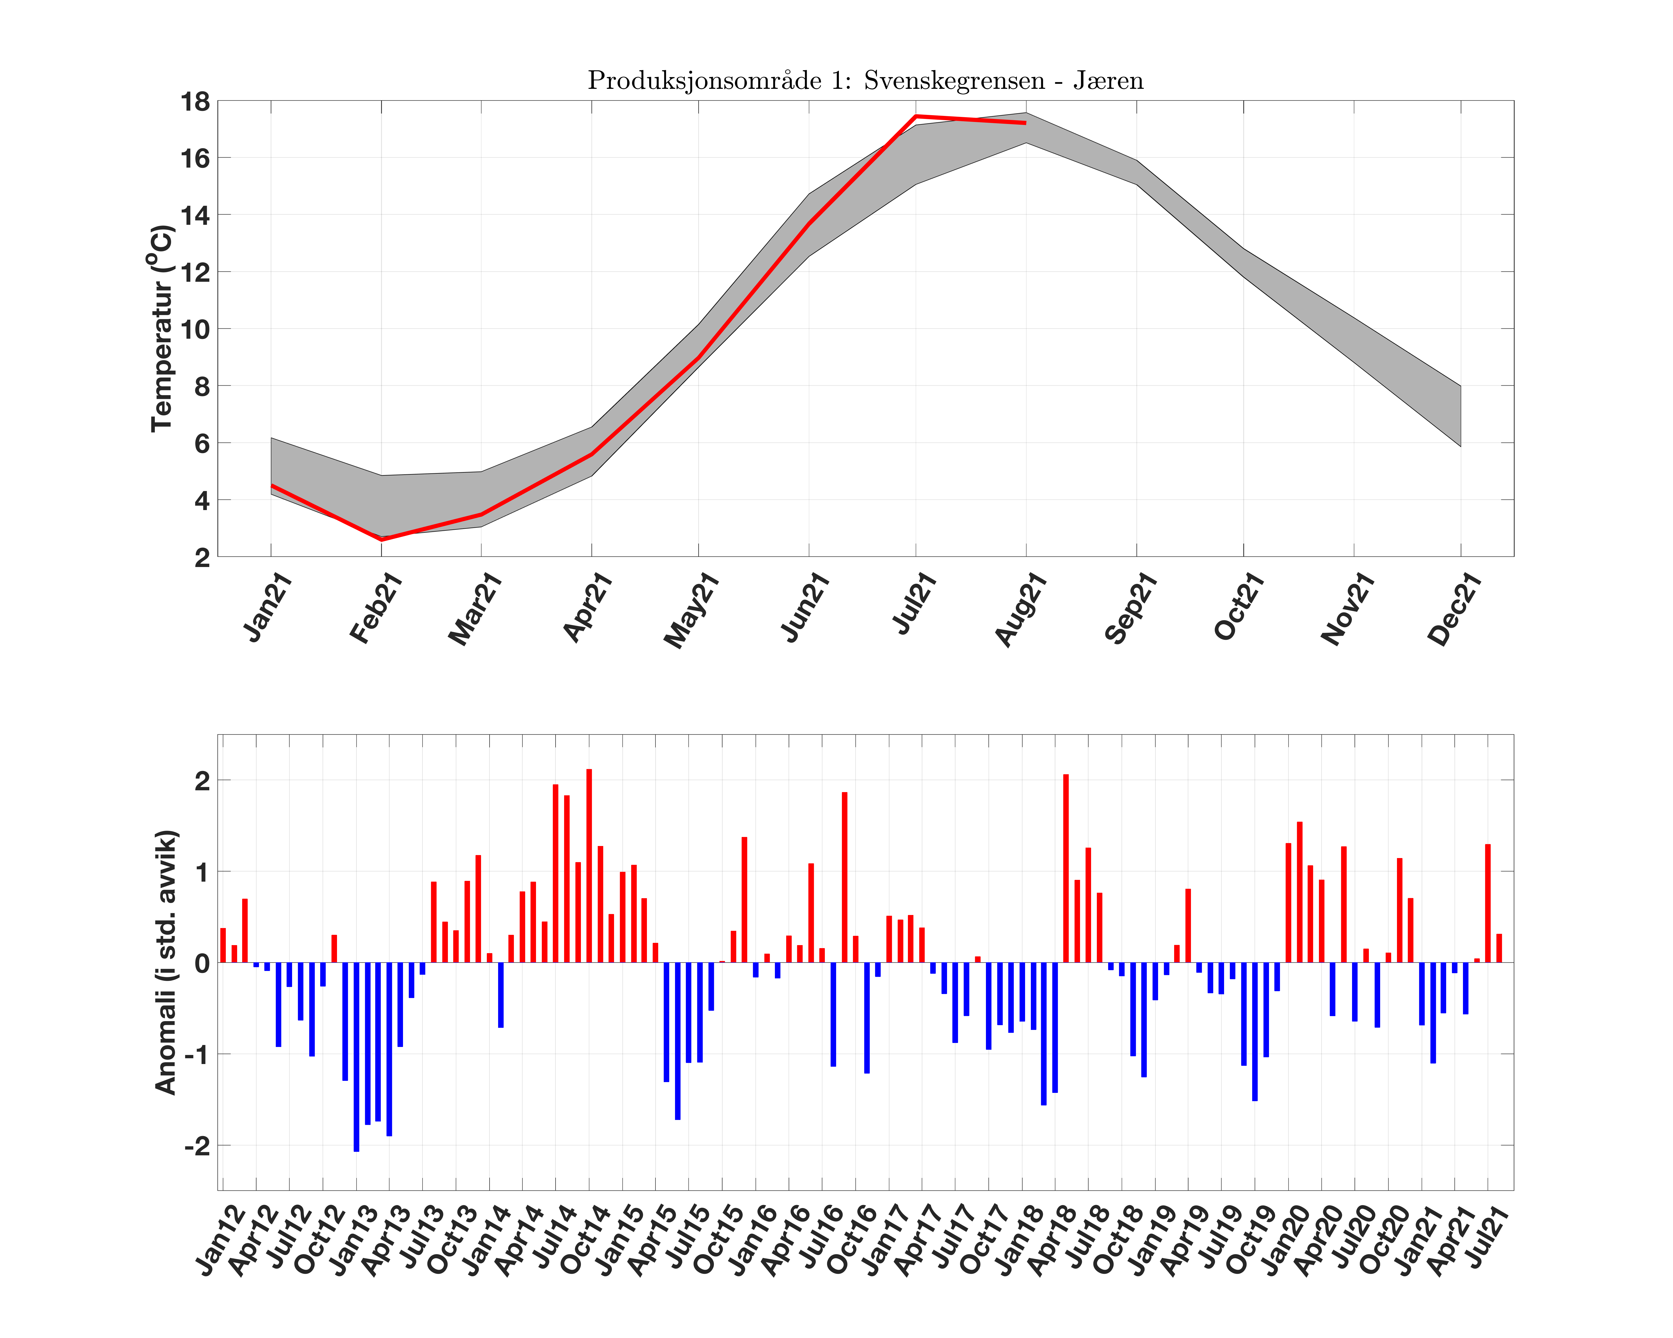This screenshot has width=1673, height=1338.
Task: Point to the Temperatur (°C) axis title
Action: [x=161, y=328]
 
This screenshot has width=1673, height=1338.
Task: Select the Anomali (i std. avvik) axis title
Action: [x=166, y=962]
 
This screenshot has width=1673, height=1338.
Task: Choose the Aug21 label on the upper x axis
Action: [x=1021, y=609]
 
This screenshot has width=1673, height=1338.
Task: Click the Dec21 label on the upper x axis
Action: [x=1455, y=609]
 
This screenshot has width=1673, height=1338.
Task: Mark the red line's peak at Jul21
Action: [x=916, y=116]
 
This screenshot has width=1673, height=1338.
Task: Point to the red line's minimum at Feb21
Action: [x=382, y=539]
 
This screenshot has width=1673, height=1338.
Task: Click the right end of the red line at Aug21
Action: [x=1025, y=122]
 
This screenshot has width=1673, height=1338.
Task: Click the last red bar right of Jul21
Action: [x=1499, y=948]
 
